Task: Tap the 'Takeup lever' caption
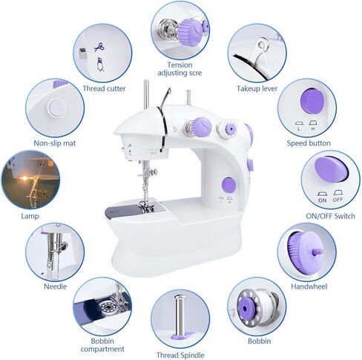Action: [257, 88]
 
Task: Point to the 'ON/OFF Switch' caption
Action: [329, 215]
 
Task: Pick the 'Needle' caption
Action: [56, 286]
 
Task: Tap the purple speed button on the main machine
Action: [229, 183]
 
